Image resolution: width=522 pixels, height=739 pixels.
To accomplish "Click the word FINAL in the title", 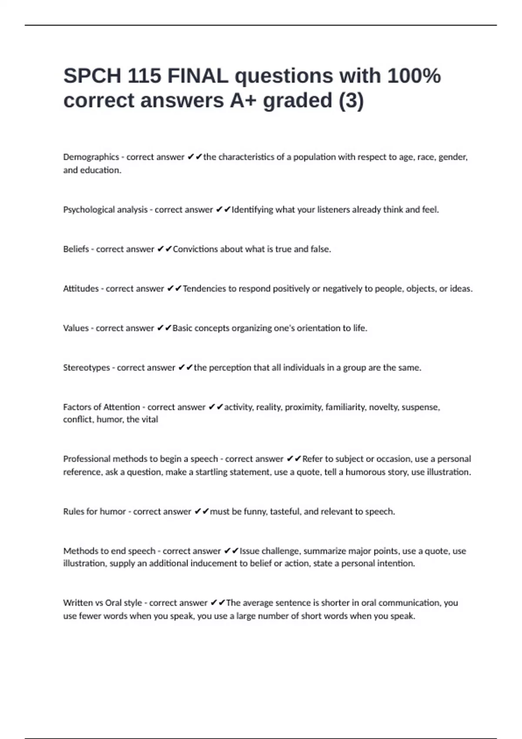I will (197, 76).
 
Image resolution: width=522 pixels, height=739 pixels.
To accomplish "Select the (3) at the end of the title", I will (351, 101).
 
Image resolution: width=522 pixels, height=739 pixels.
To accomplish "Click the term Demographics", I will (91, 157).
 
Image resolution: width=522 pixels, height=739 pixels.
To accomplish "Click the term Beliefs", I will (76, 249).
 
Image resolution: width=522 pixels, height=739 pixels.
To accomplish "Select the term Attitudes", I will (81, 289).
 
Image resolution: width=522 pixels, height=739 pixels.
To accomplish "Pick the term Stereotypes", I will (87, 368).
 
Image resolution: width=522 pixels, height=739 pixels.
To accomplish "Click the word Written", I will (78, 603).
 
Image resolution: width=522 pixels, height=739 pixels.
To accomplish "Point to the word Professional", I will (86, 459).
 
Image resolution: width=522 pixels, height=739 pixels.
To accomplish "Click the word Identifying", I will (252, 210).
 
